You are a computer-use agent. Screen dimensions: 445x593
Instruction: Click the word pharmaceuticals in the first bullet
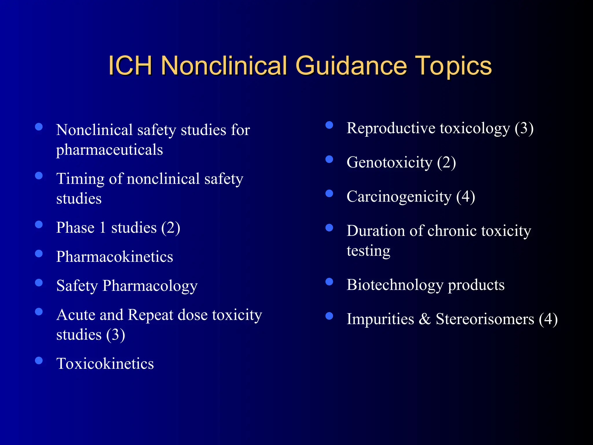[x=109, y=150]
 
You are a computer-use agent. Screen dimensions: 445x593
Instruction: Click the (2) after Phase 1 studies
[x=171, y=228]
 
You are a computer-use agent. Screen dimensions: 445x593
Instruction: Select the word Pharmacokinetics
[x=115, y=257]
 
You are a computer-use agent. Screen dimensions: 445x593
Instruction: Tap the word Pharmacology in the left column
[x=150, y=286]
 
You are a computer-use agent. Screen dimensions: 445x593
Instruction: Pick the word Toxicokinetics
[x=105, y=364]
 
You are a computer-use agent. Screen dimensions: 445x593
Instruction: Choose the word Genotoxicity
[x=389, y=162]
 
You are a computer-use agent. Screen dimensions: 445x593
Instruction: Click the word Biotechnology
[x=395, y=285]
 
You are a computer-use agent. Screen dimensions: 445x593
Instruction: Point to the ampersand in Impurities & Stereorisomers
[x=425, y=319]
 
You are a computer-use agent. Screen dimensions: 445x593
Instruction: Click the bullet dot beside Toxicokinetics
[x=39, y=360]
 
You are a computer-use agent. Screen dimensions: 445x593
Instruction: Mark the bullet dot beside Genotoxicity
[x=329, y=159]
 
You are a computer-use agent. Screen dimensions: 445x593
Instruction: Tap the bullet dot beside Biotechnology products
[x=329, y=282]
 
